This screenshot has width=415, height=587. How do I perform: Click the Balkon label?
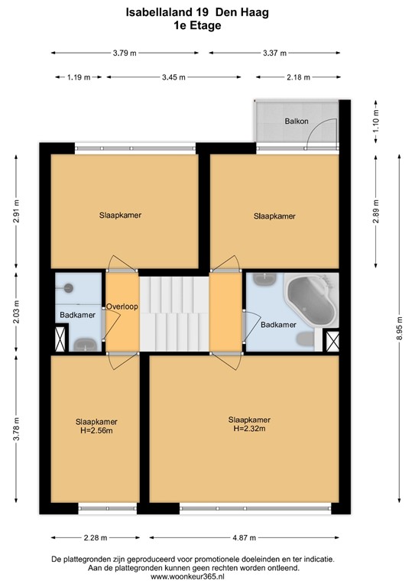[x=297, y=122]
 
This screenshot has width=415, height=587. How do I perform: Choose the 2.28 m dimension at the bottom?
[x=96, y=535]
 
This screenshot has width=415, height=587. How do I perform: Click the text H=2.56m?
[x=96, y=431]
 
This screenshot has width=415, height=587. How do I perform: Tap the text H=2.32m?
[x=249, y=429]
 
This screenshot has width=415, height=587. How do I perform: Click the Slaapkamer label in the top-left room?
[x=121, y=215]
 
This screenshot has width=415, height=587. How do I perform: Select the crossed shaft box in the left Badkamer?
[x=60, y=339]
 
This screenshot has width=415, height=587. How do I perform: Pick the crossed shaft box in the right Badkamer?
[x=332, y=339]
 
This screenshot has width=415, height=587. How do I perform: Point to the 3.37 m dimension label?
[x=274, y=53]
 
